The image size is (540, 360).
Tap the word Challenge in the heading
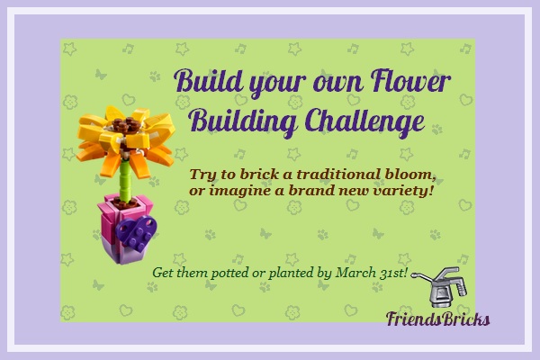(364, 121)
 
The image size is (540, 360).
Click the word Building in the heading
(243, 121)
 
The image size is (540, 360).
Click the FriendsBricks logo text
(437, 319)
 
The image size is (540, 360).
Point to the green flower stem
(125, 180)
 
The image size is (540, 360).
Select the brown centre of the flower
(127, 126)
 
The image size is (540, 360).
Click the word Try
(202, 175)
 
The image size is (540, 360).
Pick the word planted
(291, 274)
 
